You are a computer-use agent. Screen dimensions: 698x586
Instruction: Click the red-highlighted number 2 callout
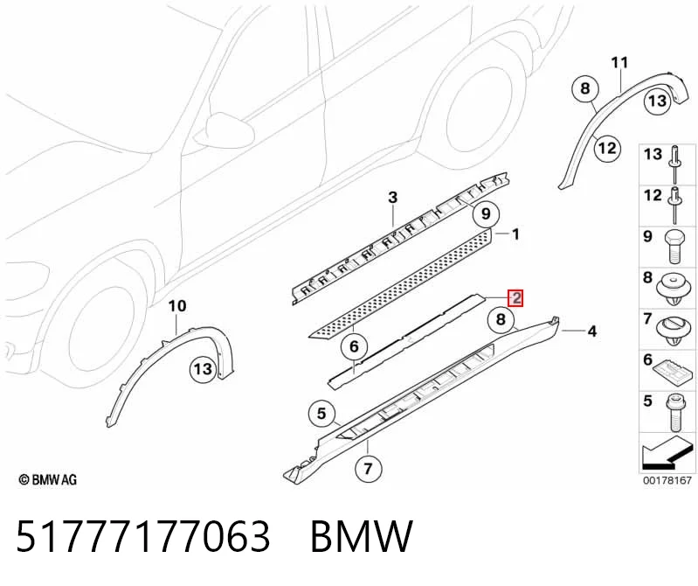click(x=516, y=298)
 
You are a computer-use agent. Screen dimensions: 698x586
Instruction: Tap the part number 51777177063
click(x=143, y=536)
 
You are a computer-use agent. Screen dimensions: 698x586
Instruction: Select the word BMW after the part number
click(x=362, y=536)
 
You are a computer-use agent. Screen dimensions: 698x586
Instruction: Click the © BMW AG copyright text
click(x=48, y=479)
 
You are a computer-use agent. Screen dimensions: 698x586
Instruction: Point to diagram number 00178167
click(x=667, y=480)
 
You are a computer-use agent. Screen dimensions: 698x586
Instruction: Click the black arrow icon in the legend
click(x=666, y=453)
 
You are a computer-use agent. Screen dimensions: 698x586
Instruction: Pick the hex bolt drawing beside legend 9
click(x=674, y=247)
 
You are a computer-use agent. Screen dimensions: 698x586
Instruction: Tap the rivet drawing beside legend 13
click(x=675, y=164)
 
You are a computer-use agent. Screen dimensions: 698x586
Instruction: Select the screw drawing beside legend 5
click(x=675, y=413)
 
